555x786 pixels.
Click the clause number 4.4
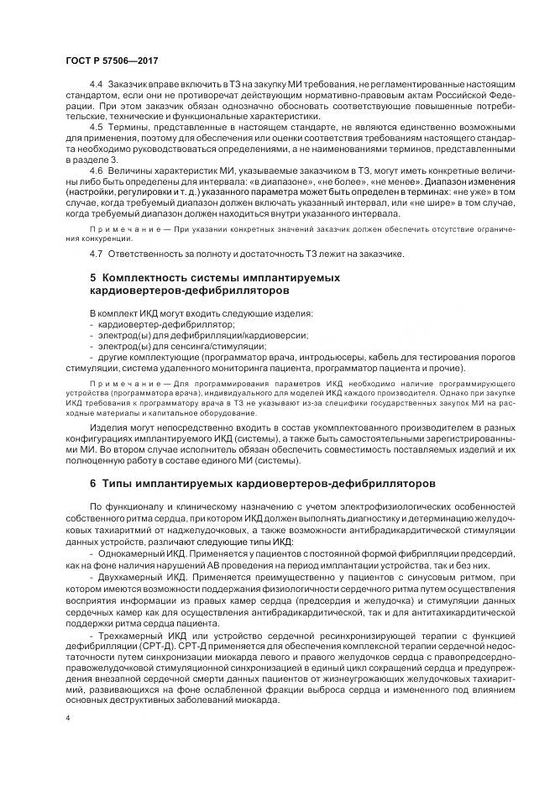point(95,86)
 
